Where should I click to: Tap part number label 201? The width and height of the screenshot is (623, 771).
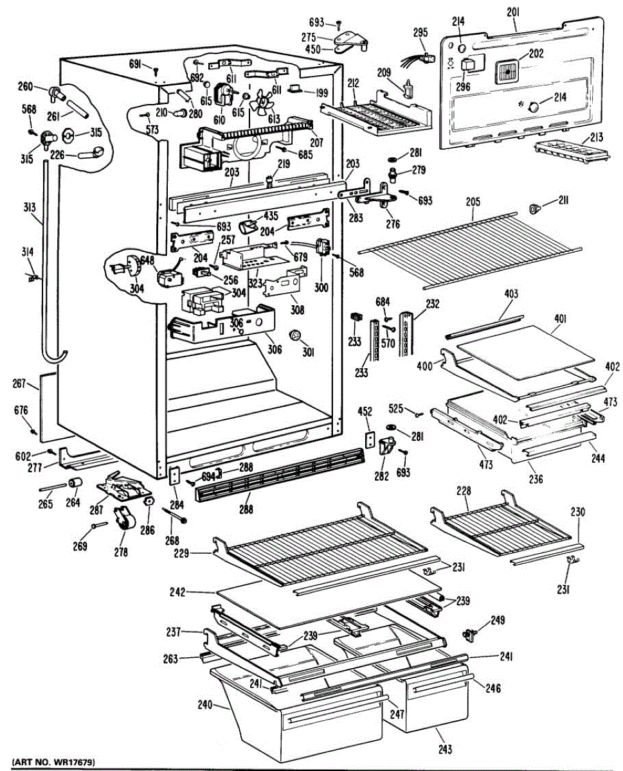(513, 13)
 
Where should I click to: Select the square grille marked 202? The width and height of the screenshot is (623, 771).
(507, 72)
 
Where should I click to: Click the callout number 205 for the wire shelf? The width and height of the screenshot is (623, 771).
(473, 202)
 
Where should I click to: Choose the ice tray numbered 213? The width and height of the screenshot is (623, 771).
(572, 152)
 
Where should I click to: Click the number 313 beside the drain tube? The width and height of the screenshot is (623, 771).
(30, 208)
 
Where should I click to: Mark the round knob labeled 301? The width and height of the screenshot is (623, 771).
(296, 335)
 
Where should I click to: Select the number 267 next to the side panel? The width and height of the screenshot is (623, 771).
(19, 383)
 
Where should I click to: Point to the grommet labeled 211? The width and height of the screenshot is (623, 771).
(534, 208)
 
